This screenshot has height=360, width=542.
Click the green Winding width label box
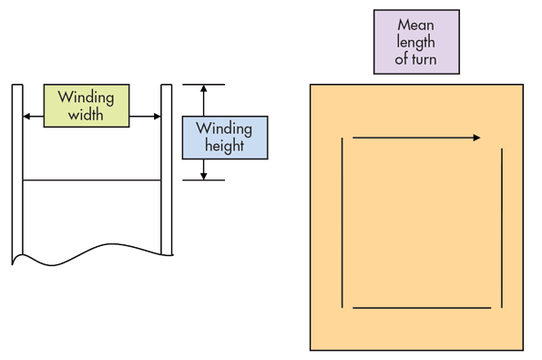[x=87, y=106]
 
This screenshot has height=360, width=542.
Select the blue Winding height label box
[x=225, y=138]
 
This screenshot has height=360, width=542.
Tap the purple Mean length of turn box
[x=416, y=42]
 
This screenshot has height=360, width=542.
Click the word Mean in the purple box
[x=416, y=26]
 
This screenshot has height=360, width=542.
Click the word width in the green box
[x=86, y=116]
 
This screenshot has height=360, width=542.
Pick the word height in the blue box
[x=225, y=146]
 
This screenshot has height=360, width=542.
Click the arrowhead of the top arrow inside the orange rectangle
[x=476, y=138]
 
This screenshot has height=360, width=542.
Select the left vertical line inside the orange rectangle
[x=343, y=222]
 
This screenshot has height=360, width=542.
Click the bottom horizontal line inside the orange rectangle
[x=422, y=308]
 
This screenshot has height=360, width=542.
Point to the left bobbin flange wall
[x=16, y=173]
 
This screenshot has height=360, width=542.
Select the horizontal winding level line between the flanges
[x=91, y=180]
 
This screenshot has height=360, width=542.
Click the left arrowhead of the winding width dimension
[x=26, y=117]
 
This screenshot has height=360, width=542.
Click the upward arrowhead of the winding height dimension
[x=204, y=89]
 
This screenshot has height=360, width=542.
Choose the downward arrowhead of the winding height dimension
[x=204, y=175]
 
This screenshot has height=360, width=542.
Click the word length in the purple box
[x=416, y=43]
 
